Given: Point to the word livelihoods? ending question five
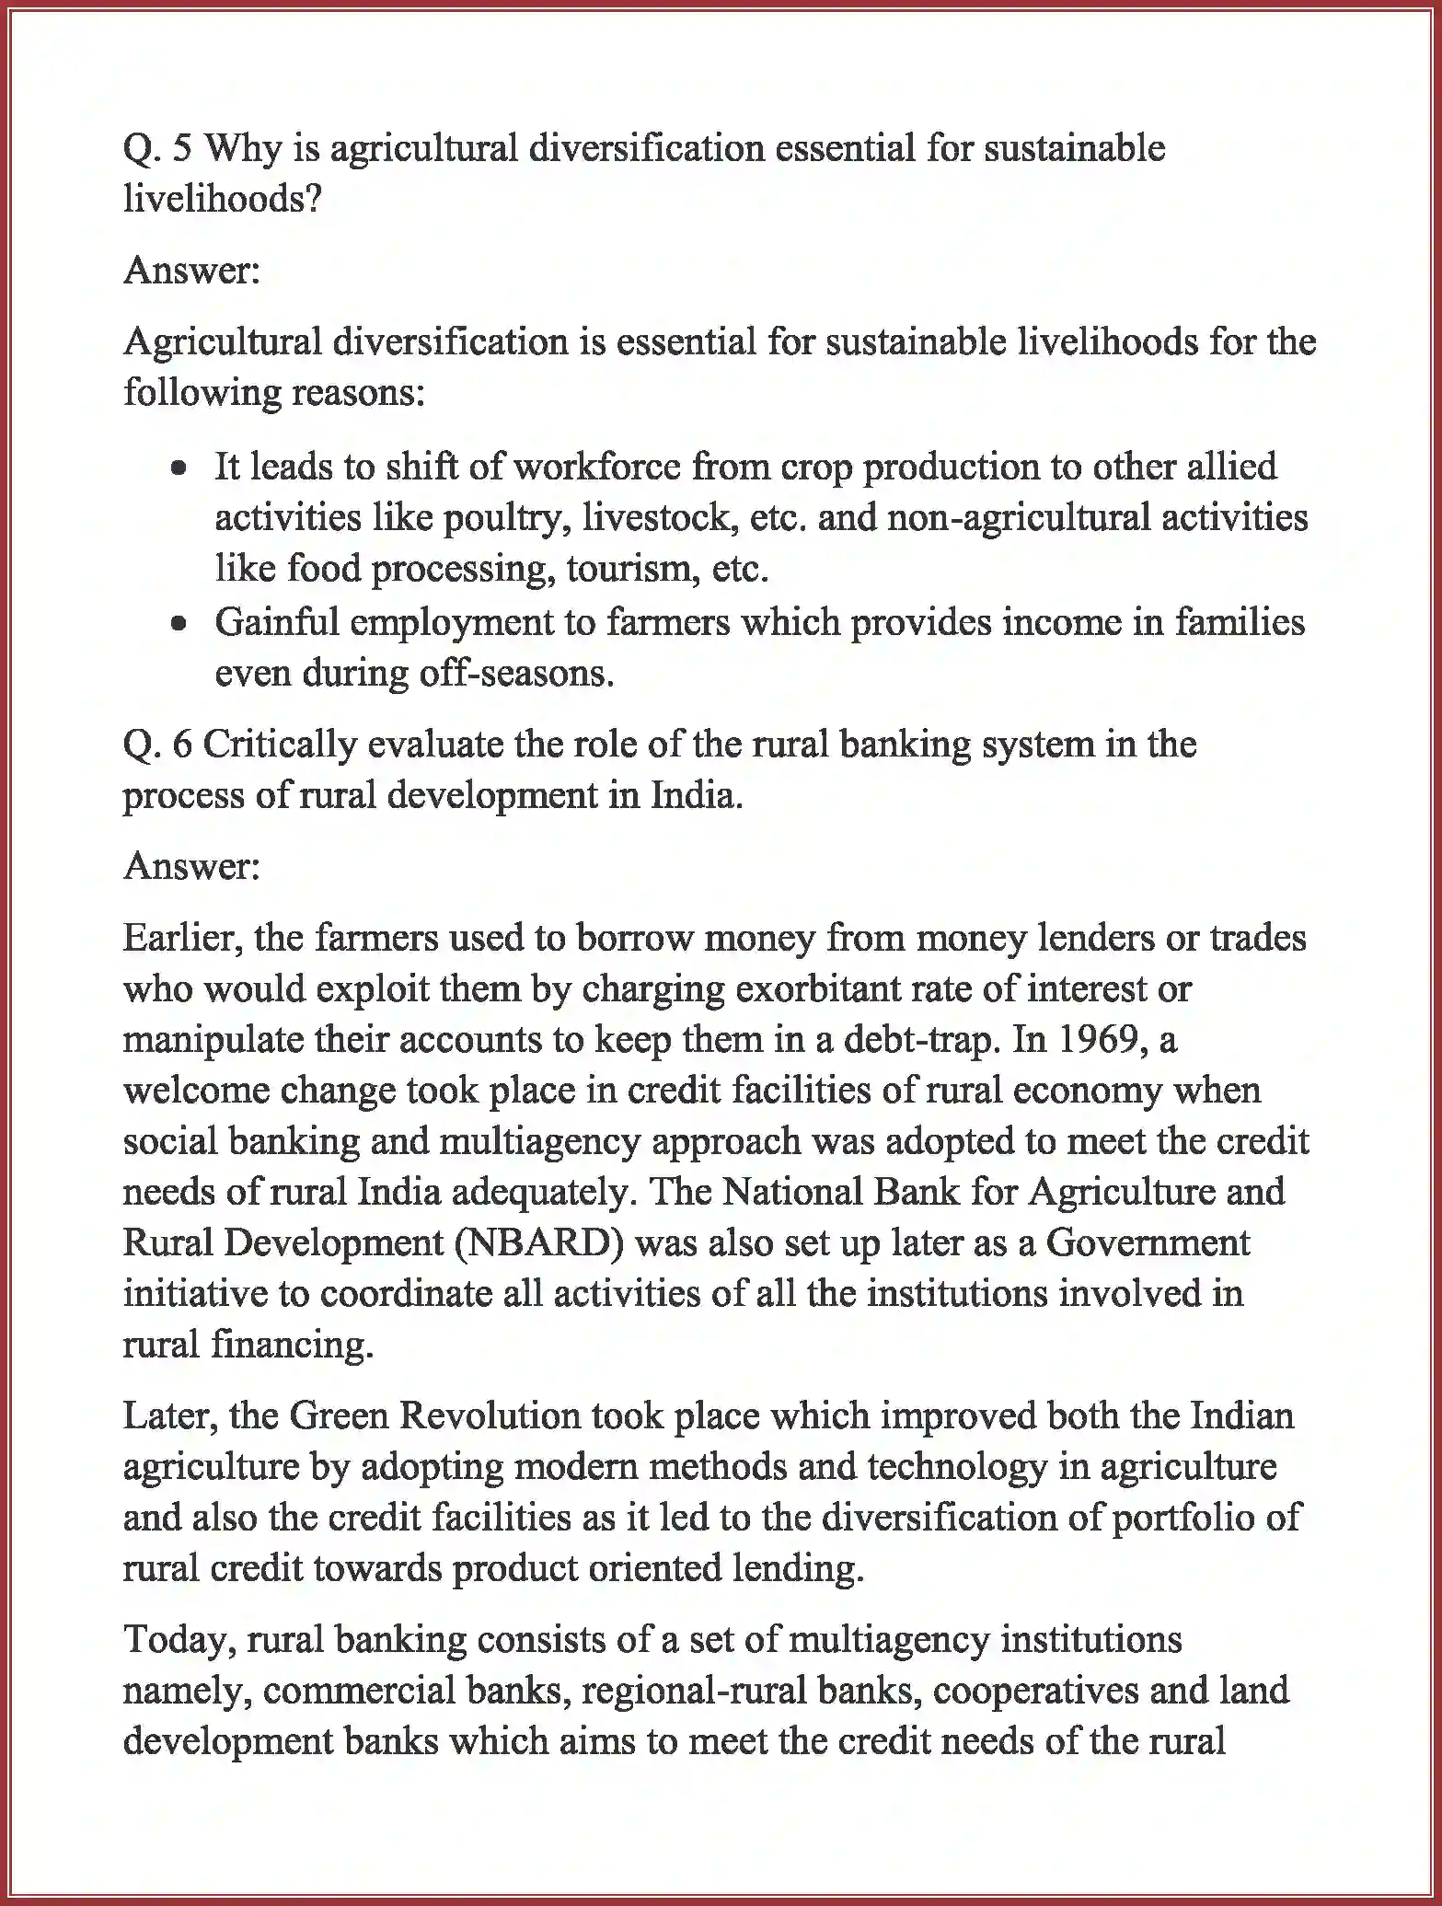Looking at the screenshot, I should point(222,199).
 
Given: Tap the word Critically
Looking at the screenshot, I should point(279,745).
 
